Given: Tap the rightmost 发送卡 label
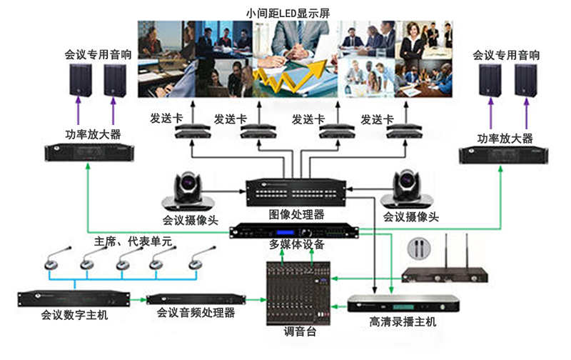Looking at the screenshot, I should [x=378, y=117].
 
